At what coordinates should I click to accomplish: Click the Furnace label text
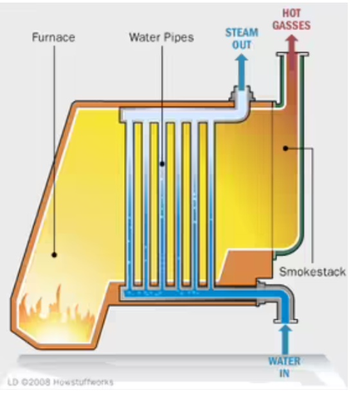click(53, 37)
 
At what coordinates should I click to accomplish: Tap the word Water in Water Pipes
click(145, 37)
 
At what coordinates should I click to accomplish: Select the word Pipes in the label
click(179, 37)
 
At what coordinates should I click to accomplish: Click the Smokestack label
click(312, 272)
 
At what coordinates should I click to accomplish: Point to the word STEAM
click(242, 33)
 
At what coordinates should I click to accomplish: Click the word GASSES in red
click(291, 25)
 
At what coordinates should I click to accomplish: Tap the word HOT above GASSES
click(291, 13)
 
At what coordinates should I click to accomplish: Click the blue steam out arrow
click(242, 72)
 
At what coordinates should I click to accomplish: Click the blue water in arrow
click(285, 339)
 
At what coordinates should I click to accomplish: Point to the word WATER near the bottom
click(284, 361)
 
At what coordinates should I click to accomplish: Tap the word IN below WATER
click(284, 373)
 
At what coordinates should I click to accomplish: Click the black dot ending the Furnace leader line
click(54, 255)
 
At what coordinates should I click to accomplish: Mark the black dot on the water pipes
click(163, 164)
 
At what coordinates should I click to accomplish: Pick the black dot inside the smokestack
click(285, 148)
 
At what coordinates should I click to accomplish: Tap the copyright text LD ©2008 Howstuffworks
click(60, 382)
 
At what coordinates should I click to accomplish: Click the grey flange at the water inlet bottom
click(285, 321)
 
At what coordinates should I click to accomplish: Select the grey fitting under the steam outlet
click(242, 94)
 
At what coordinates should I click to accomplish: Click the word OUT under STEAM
click(242, 45)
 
